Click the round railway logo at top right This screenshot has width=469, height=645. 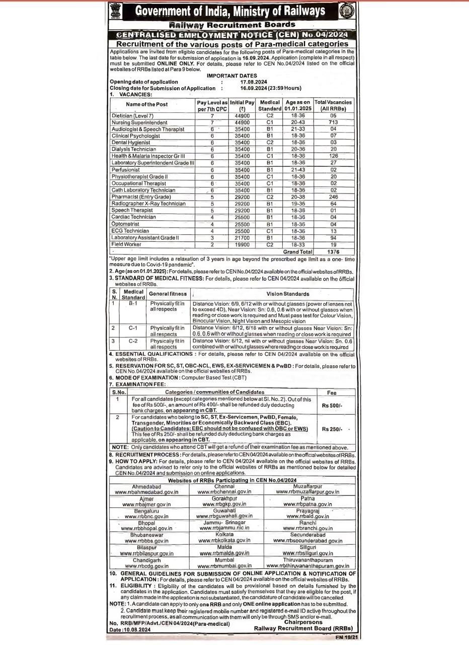point(347,11)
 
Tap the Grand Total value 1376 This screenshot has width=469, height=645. point(333,251)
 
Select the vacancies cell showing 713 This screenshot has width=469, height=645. point(333,122)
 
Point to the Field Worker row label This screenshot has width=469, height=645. point(126,244)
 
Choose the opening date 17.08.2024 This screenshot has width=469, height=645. point(254,82)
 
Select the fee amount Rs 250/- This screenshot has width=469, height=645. point(332,429)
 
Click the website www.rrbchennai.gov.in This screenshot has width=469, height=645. point(224,492)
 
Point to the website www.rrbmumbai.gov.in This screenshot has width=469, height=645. point(224,566)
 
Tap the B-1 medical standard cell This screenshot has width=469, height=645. point(133,304)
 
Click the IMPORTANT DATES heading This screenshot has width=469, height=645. point(232,76)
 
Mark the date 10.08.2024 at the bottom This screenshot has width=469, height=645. point(137,630)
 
